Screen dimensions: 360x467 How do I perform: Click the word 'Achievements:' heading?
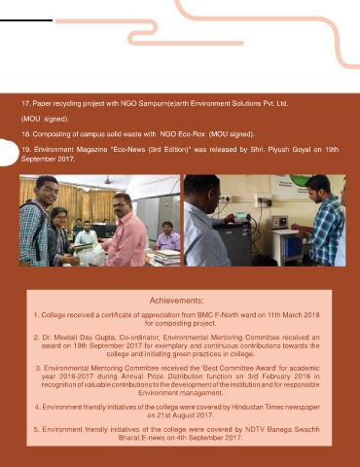(177, 301)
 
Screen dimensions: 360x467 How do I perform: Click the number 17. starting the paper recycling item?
(26, 104)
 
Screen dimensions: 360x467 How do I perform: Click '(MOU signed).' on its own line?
(45, 119)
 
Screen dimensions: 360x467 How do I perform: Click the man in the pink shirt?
(126, 231)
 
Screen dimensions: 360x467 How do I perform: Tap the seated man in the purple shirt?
(167, 236)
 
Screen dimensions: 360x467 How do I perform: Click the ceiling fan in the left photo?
(107, 180)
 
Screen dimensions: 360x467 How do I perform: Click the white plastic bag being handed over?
(90, 255)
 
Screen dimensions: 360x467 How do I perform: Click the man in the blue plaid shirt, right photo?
(322, 221)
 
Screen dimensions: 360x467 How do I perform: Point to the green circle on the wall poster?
(301, 179)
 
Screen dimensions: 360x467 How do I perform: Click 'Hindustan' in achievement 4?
(246, 407)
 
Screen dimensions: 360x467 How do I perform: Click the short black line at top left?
(26, 20)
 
